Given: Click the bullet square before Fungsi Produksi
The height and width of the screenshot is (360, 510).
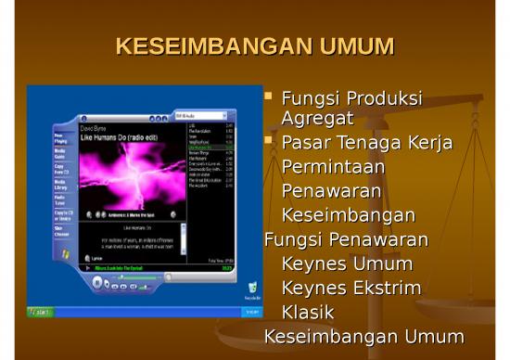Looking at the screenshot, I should pos(269,96).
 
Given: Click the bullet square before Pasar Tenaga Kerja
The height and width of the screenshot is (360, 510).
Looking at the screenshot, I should pos(269,141).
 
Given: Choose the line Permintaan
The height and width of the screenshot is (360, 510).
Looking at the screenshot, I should pos(332,167).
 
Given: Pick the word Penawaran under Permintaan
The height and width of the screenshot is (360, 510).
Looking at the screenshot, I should pos(331,191).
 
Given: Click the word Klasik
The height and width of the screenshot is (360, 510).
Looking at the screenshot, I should pos(308,312).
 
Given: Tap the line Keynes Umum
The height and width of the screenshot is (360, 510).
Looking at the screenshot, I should pos(347,264).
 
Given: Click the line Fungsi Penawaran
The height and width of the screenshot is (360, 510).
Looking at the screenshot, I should pos(346,239).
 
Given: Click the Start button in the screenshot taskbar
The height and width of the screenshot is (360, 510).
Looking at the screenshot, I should pos(40,312).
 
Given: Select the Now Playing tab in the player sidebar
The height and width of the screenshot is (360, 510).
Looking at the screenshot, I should pos(59,138).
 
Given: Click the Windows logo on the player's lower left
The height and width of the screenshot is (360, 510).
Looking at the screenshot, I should pos(65,253).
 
